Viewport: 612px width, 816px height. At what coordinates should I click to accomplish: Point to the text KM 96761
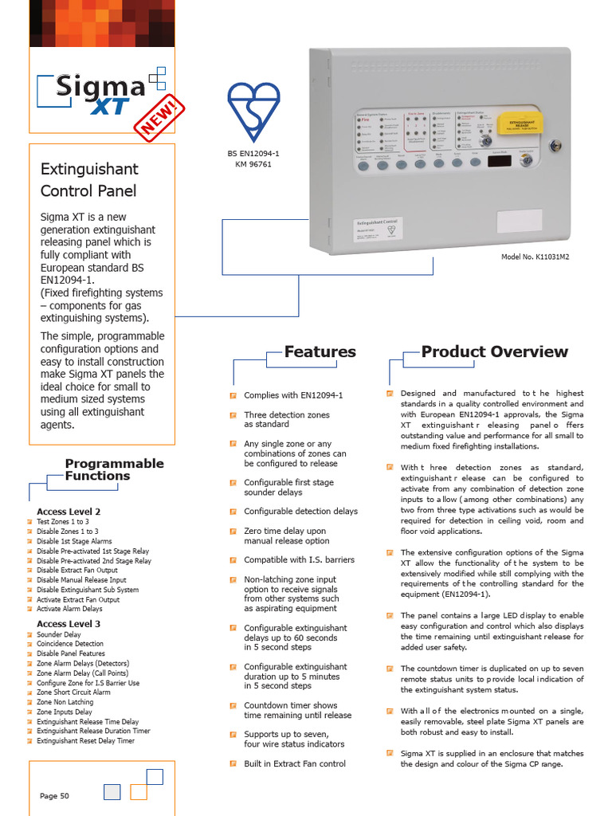(253, 164)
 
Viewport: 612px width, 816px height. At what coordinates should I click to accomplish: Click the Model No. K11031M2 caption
(535, 257)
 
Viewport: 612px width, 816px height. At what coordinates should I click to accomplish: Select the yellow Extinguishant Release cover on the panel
(520, 124)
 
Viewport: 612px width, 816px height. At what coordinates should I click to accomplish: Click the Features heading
(320, 351)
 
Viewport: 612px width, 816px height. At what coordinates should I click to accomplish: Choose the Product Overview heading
(494, 351)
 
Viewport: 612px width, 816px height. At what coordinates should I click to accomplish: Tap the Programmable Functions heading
(114, 469)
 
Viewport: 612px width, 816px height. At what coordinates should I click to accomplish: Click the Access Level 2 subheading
(69, 512)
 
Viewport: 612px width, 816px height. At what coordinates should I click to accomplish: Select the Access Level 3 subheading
(69, 624)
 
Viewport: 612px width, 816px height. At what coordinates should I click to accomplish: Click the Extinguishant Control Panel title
(88, 179)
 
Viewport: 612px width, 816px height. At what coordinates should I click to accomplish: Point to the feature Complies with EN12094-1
(293, 395)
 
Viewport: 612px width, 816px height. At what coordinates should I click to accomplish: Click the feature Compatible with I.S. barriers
(299, 560)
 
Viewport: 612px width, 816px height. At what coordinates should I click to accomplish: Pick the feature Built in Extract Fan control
(295, 763)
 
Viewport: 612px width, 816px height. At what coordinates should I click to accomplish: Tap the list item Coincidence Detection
(70, 644)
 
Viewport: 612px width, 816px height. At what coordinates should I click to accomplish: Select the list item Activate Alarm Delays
(69, 609)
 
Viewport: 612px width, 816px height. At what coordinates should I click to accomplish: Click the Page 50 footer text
(54, 795)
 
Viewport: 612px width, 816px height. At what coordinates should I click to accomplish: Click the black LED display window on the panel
(500, 161)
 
